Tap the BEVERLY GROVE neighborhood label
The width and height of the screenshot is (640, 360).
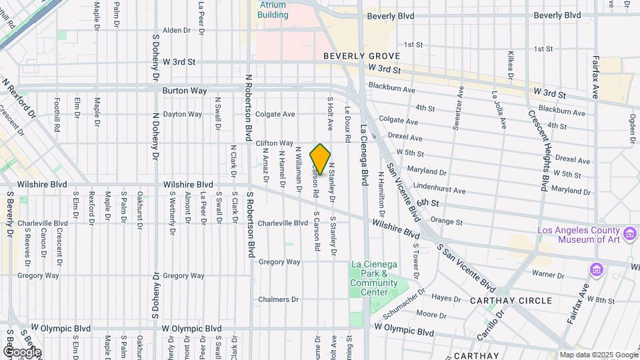(x=361, y=57)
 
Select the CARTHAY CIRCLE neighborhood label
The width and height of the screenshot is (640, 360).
(x=511, y=301)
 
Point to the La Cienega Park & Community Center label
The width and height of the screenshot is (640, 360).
(x=374, y=279)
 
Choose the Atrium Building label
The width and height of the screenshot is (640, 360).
(x=273, y=9)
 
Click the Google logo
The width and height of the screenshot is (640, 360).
(x=21, y=352)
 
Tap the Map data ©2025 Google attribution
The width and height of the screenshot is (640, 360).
(x=599, y=355)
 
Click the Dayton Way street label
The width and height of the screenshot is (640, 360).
(x=182, y=114)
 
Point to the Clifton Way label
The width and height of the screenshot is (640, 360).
(x=275, y=143)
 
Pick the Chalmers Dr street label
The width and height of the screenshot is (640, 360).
(x=279, y=300)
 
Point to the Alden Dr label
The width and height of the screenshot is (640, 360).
(x=177, y=30)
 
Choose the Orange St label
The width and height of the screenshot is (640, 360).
(x=446, y=221)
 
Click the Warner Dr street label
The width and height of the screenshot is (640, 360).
(x=549, y=273)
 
